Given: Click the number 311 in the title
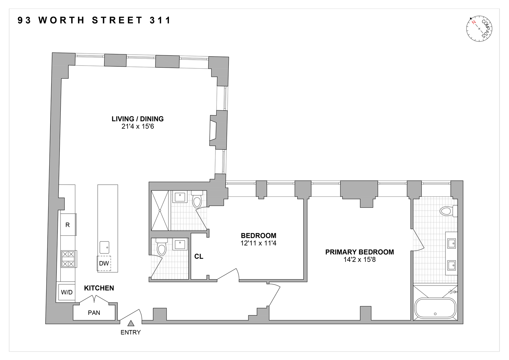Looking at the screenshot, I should coord(160,20).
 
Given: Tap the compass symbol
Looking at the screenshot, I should coord(479,29).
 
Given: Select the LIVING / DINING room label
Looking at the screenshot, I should coord(137,119).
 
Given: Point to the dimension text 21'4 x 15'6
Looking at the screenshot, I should coord(137,127).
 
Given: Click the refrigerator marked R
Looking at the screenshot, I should coord(68,224).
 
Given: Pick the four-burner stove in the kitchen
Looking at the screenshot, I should coord(68,259).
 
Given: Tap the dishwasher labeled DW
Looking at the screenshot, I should coord(104,264).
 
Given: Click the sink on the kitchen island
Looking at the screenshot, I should coord(105,247).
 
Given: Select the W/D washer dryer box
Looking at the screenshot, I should coord(67,292).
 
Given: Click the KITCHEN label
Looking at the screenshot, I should coord(99,288).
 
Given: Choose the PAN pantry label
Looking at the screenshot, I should coord(94,313).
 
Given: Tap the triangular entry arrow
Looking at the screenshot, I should coord(131,323).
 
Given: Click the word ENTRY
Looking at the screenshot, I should coord(131,332).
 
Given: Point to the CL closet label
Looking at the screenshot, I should coord(199,256).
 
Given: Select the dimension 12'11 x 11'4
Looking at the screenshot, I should coord(258,243).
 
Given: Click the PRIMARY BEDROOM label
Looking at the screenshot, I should coord(359,252).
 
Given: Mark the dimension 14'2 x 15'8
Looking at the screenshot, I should coord(359,260).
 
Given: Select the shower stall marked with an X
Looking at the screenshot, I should coord(160,211).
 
